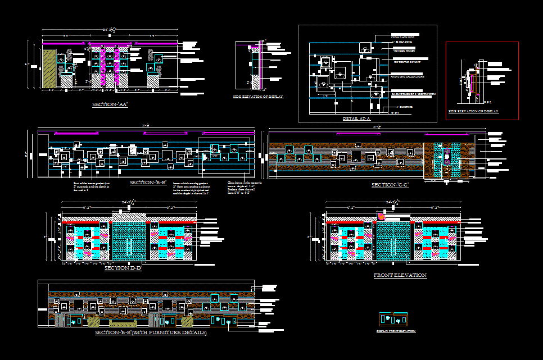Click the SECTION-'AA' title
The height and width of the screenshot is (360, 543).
point(110,104)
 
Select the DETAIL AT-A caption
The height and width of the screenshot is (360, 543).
point(357,119)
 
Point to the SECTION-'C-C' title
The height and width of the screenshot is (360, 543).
point(390,185)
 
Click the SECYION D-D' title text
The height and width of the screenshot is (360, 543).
point(123,268)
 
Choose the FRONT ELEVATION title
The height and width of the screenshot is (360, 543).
point(400,275)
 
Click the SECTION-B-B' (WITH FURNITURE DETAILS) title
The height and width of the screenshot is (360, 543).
point(151,333)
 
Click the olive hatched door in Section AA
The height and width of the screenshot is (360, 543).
point(49,69)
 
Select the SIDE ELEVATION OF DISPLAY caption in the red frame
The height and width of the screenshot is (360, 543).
point(473,111)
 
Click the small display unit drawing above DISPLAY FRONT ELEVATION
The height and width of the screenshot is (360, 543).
point(393,318)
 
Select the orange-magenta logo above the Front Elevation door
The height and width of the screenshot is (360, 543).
point(382,216)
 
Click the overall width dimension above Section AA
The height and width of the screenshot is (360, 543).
point(109,29)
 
